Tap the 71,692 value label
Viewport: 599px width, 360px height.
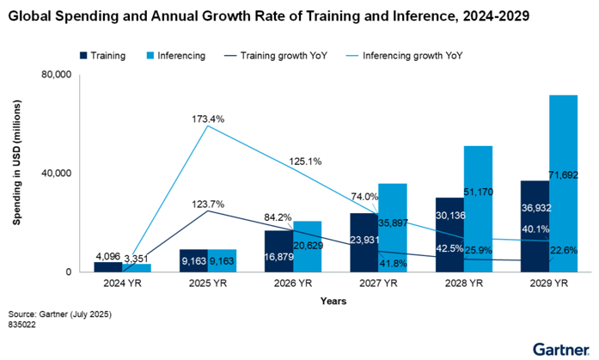click(564, 175)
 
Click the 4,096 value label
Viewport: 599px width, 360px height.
click(107, 255)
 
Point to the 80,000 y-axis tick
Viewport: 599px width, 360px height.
click(56, 75)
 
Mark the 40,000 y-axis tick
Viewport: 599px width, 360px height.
click(56, 174)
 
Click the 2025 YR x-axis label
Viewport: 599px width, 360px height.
click(205, 284)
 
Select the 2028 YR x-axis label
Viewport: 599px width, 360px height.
click(462, 284)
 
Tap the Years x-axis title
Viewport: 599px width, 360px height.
click(333, 302)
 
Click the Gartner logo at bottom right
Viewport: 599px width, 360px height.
click(561, 349)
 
